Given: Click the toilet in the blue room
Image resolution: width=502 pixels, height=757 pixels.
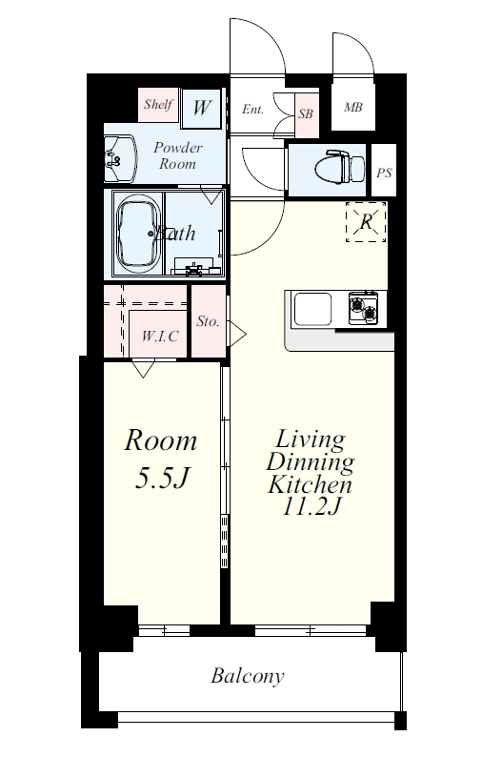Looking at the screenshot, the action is click(340, 167).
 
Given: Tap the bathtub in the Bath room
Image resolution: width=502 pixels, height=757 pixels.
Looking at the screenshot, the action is click(138, 234).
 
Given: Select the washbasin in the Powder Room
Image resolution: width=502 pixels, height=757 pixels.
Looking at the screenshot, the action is click(119, 159).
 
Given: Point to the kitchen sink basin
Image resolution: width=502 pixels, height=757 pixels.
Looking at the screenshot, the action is click(313, 310).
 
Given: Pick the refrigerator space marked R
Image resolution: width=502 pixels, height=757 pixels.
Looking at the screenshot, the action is click(366, 221).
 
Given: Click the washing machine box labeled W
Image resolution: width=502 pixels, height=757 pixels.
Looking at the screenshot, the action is click(202, 108).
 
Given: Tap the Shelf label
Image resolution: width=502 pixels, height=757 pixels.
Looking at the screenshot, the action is click(158, 104).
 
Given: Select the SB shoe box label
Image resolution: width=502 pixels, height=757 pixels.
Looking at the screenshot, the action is click(306, 113).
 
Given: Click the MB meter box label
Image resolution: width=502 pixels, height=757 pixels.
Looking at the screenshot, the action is click(353, 107).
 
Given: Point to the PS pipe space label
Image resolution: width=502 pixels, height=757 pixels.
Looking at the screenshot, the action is click(384, 173).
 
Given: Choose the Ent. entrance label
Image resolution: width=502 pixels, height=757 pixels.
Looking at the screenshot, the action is click(252, 109).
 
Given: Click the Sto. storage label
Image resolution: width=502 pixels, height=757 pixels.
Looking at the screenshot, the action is click(208, 321).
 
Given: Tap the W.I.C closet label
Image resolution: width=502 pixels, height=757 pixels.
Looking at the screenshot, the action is click(160, 336).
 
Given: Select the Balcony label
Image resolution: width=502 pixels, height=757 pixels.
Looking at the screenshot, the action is click(248, 676).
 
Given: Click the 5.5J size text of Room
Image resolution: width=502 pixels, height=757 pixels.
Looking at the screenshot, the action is click(161, 478).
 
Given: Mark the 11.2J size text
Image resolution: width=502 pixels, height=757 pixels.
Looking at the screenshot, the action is click(311, 506).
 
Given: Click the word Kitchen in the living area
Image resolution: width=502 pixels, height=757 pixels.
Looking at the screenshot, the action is click(310, 484).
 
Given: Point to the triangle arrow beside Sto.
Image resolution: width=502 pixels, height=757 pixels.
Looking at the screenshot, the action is click(236, 334).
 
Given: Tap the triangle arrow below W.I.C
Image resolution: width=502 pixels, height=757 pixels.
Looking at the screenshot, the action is click(143, 368).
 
